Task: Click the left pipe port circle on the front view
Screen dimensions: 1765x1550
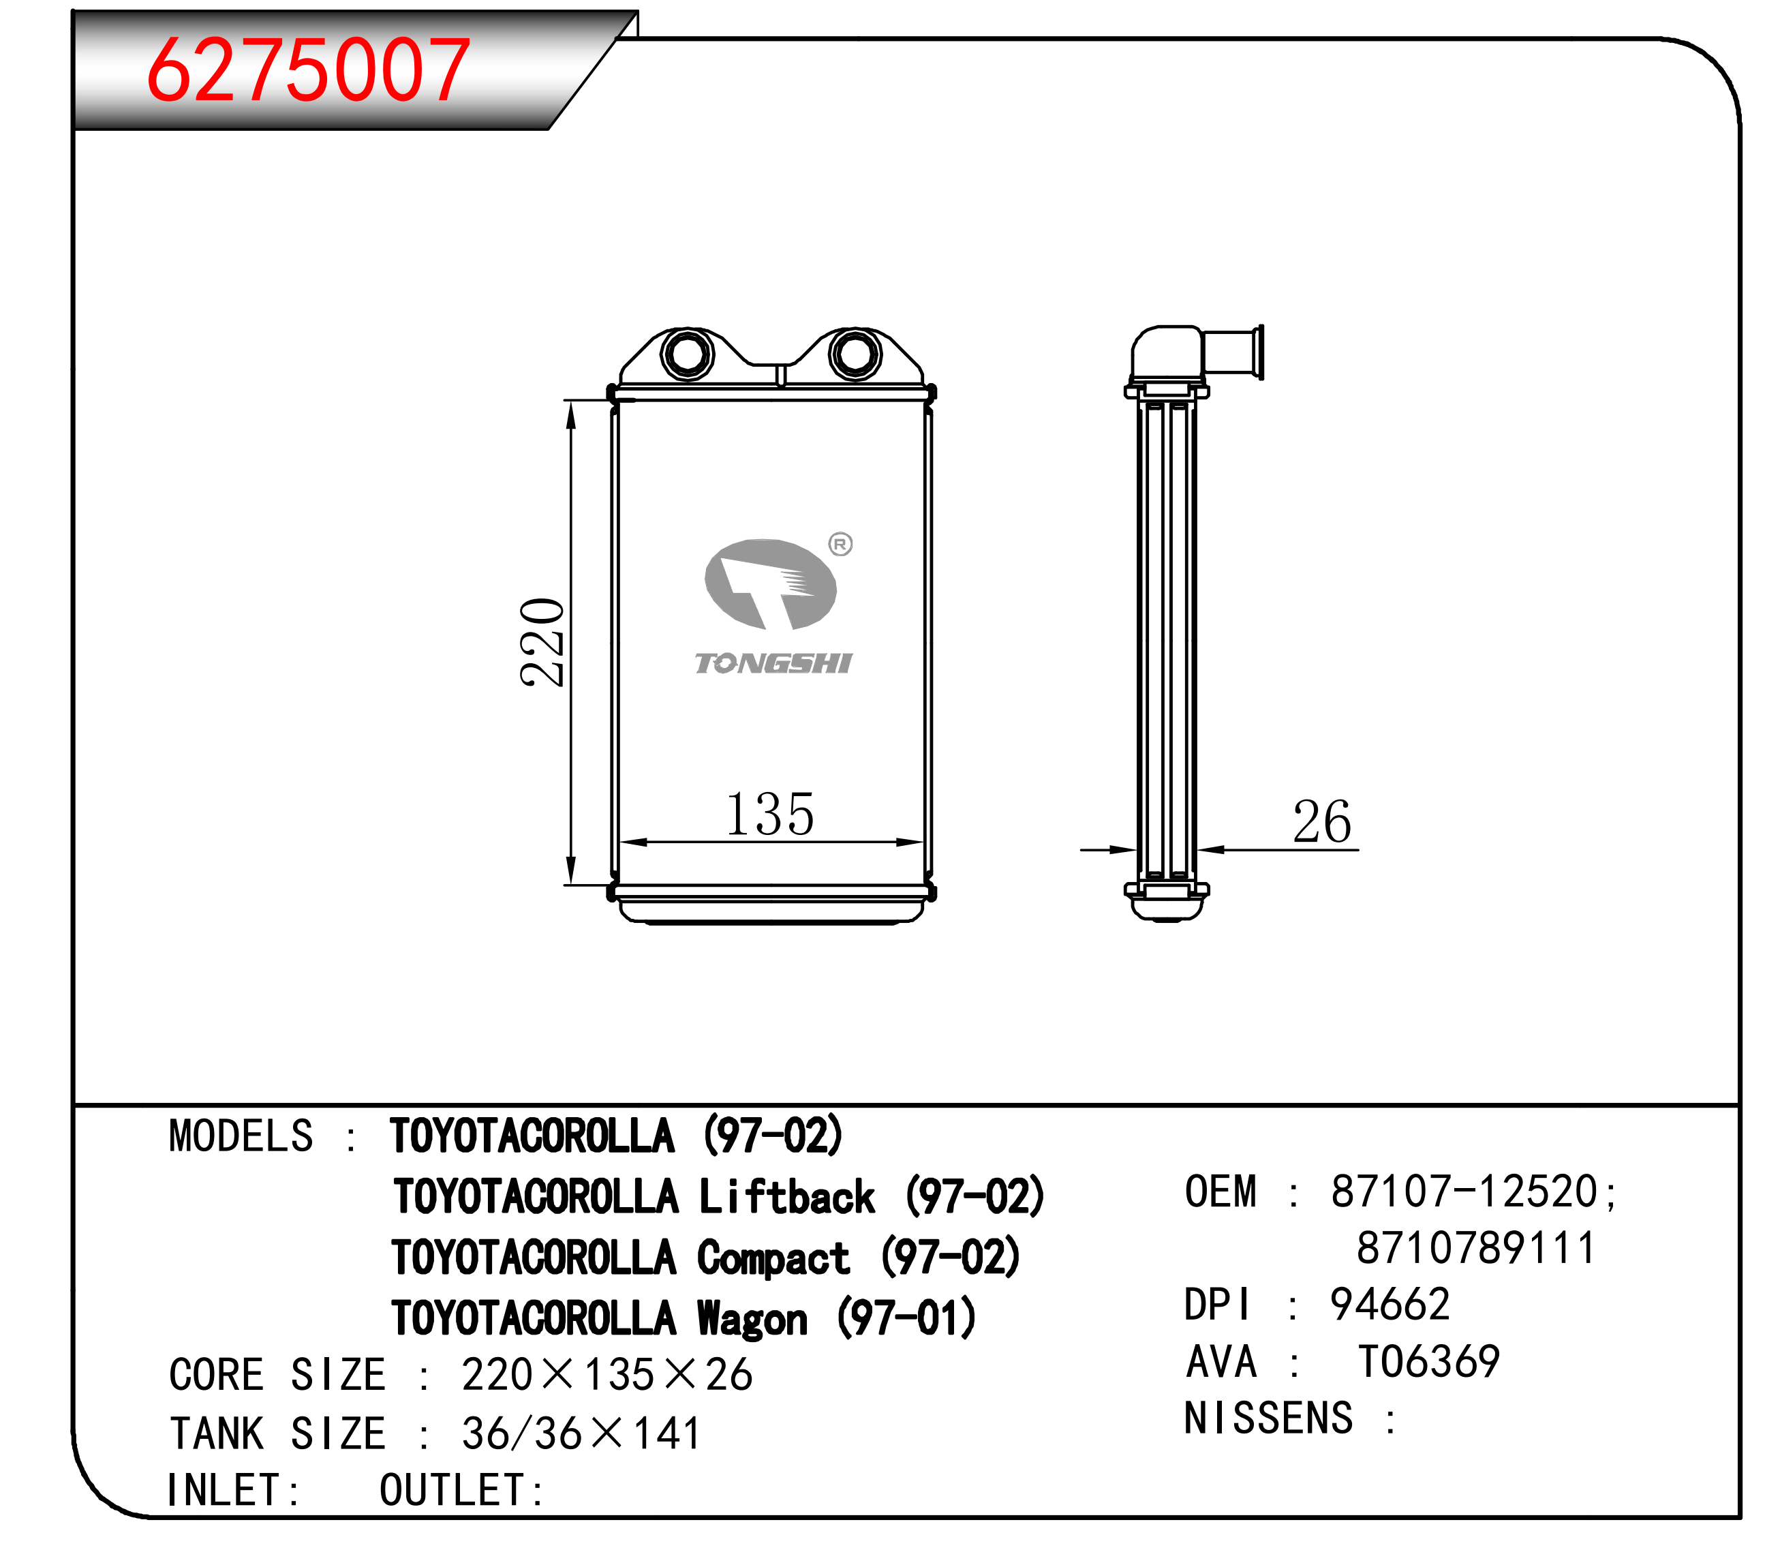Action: (688, 353)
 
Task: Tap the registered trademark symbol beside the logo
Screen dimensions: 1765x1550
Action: (840, 544)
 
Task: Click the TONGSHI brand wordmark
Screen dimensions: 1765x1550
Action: (773, 663)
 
